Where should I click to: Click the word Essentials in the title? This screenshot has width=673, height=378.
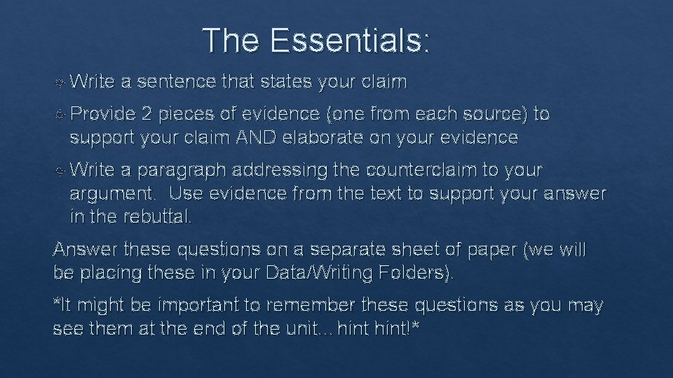pyautogui.click(x=348, y=41)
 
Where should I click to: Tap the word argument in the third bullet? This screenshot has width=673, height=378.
pyautogui.click(x=114, y=194)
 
